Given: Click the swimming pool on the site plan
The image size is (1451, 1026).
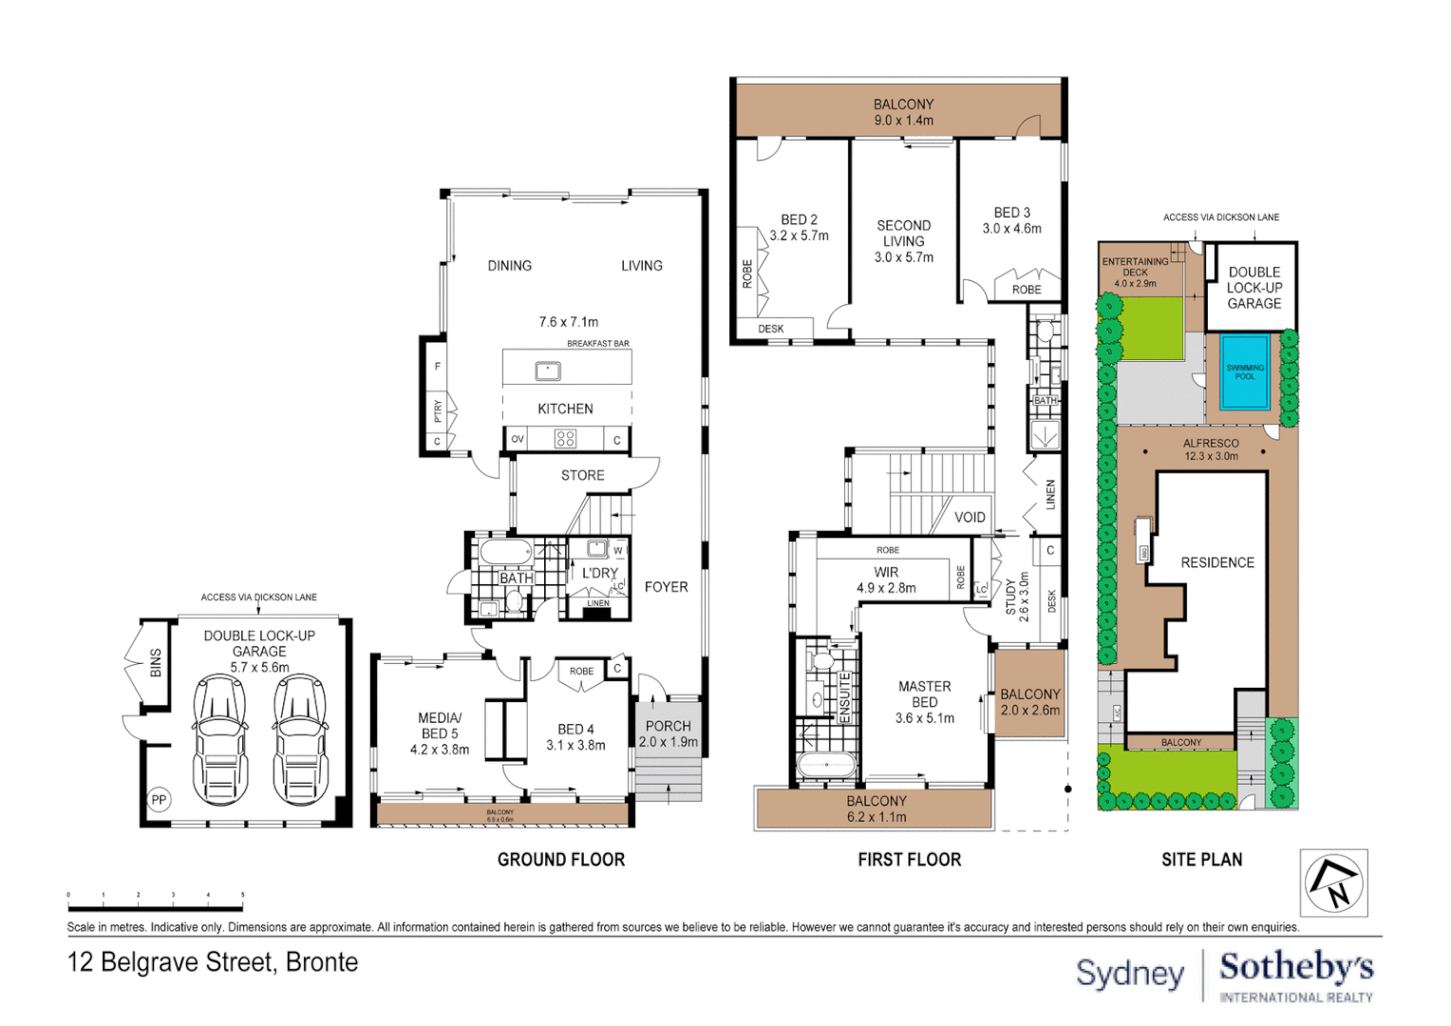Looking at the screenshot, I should click(x=1244, y=371).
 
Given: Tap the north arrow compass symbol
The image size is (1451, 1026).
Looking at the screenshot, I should click(x=1333, y=883).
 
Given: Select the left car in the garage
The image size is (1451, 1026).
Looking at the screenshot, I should click(x=219, y=739).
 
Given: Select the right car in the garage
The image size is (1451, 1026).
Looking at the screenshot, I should click(x=300, y=739).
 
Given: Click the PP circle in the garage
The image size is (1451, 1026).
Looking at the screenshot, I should click(x=159, y=800).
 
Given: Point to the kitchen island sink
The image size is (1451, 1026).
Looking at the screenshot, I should click(x=548, y=370).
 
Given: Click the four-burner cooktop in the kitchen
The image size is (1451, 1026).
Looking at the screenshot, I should click(x=566, y=439).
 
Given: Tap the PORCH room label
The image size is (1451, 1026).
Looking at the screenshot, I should click(x=669, y=726).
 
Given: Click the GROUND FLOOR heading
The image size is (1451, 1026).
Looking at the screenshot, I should click(x=561, y=860).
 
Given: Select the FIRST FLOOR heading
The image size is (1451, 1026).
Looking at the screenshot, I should click(x=909, y=860).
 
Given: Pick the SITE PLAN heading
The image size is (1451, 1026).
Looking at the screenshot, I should click(x=1201, y=860).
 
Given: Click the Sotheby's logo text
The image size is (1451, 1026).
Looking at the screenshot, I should click(x=1296, y=968).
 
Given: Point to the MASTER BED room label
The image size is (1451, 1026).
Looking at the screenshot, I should click(x=924, y=693).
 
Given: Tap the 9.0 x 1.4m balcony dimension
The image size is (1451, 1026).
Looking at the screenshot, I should click(x=903, y=121).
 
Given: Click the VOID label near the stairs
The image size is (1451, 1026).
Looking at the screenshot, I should click(x=970, y=518).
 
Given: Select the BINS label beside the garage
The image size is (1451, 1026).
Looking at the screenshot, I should click(x=156, y=663).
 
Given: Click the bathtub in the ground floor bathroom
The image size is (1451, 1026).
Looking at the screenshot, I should click(x=506, y=552).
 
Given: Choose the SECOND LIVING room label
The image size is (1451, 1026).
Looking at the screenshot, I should click(x=903, y=233).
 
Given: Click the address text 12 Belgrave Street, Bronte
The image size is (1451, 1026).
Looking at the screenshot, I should click(x=213, y=962).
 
